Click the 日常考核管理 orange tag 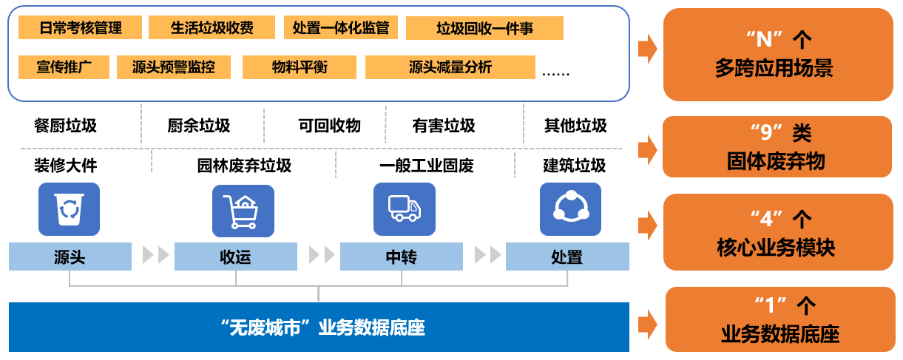[81, 28]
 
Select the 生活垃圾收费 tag [212, 28]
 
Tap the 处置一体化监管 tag [341, 28]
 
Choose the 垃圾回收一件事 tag [484, 29]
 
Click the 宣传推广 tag [64, 67]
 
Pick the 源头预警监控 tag [174, 67]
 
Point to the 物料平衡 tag [300, 67]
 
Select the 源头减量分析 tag [450, 67]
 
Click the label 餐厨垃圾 [65, 126]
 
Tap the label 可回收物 [329, 126]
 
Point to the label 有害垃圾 [444, 126]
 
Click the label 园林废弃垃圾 [244, 166]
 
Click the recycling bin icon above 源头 [69, 209]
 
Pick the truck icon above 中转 [405, 209]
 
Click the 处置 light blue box [567, 257]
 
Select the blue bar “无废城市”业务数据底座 [319, 327]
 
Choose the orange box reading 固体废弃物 [777, 147]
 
